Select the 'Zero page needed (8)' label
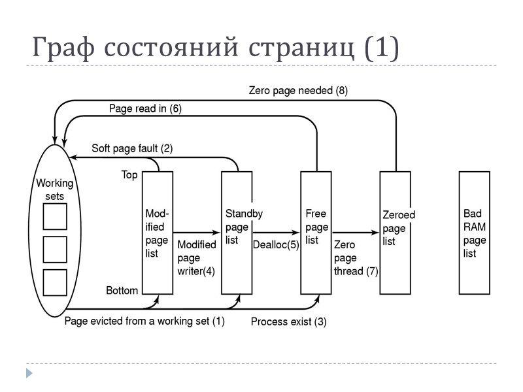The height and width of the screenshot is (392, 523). pos(298,91)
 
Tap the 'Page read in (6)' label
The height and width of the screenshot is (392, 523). pos(145,108)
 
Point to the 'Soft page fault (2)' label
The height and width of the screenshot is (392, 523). pos(132,148)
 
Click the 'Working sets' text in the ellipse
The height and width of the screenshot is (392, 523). pos(54,189)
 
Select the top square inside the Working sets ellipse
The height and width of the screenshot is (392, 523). pos(55,216)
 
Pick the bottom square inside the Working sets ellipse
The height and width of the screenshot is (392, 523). pos(55,282)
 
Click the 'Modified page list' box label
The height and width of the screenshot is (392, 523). pos(157,233)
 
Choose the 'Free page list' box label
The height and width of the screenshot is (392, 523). pos(316,227)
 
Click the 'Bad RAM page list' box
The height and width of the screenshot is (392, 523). pos(475,233)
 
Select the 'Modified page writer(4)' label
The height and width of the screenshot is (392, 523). pos(196,258)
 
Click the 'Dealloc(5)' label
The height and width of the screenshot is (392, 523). pos(275,244)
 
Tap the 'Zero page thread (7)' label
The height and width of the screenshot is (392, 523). pos(355,257)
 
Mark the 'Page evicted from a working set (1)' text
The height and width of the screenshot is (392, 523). pos(144,321)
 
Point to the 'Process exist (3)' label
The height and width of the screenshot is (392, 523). pos(289,321)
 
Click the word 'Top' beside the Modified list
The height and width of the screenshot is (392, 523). pos(129,175)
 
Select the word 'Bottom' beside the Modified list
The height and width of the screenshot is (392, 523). pos(122,290)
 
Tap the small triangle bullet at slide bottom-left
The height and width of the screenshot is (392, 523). pos(28,373)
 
